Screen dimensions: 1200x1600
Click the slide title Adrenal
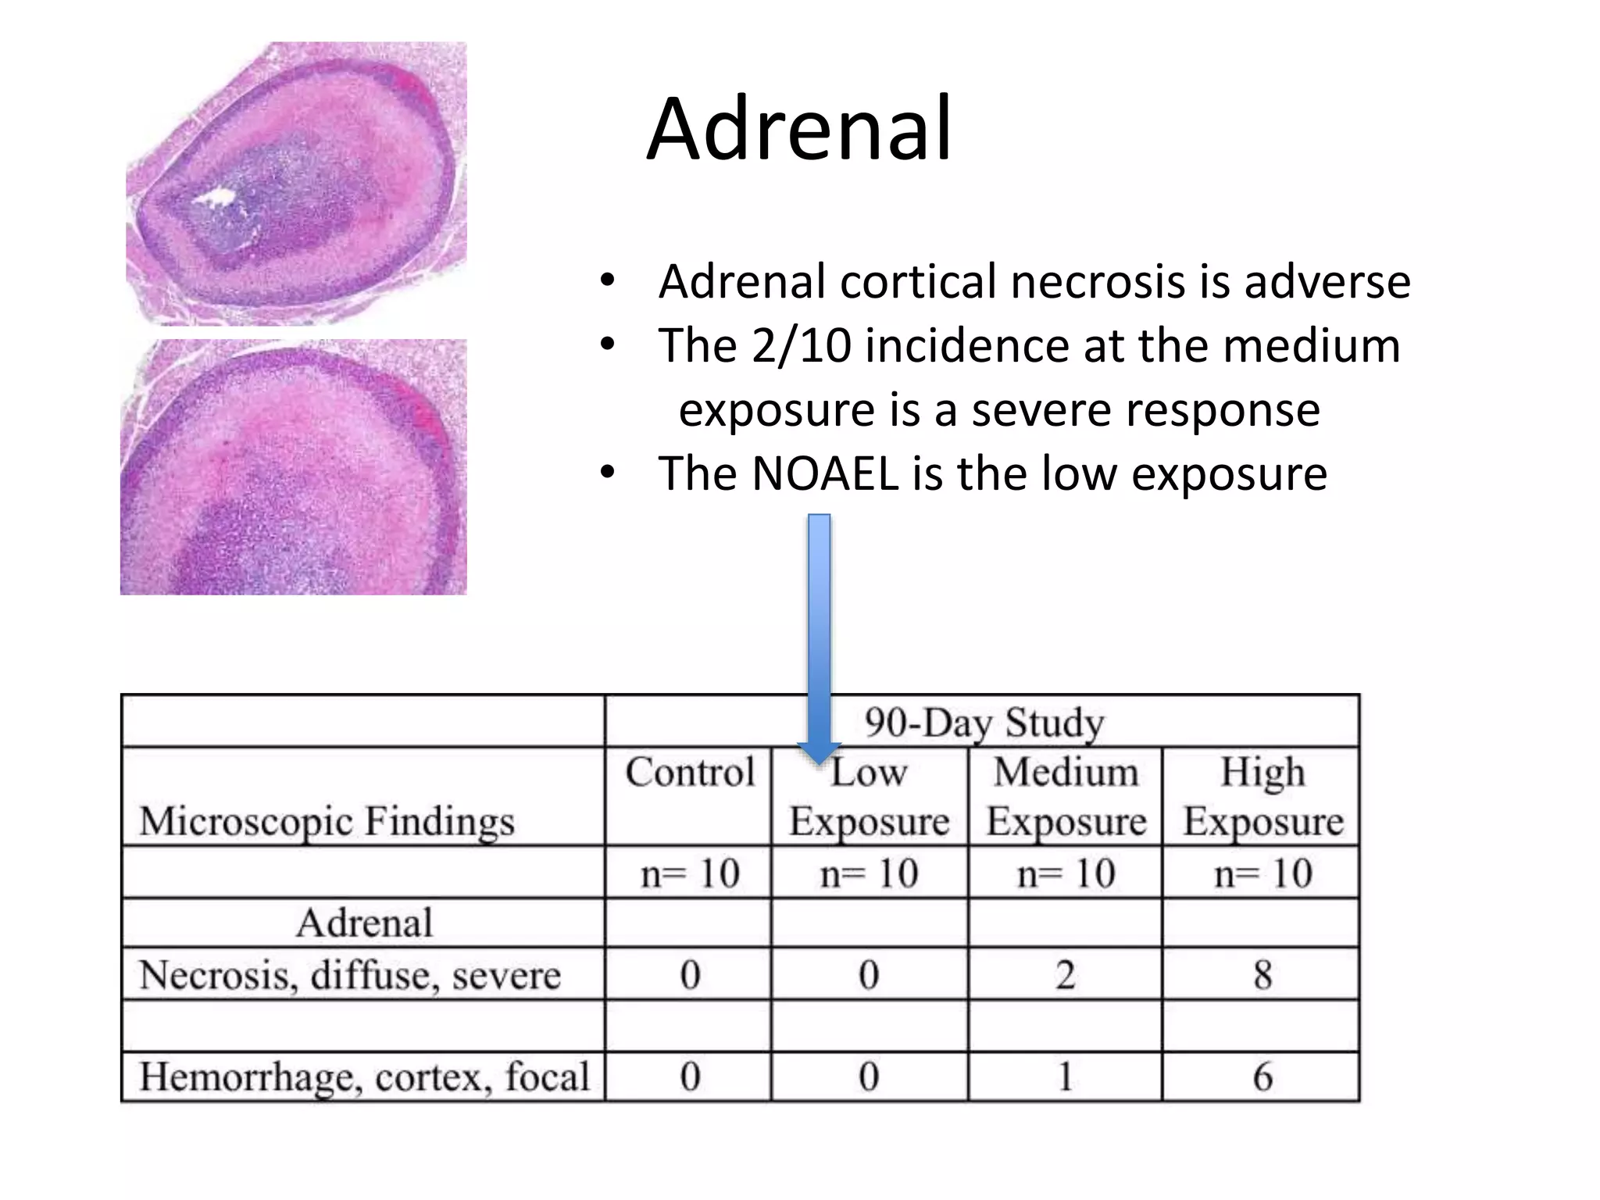(798, 129)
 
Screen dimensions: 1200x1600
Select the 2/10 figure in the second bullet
(801, 345)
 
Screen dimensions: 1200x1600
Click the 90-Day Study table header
(984, 722)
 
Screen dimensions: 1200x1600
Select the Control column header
(689, 773)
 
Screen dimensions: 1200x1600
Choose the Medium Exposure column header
(1066, 796)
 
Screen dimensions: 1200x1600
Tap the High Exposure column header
(1262, 796)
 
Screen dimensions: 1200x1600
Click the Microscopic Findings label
(327, 821)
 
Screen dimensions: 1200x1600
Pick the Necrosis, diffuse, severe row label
(350, 975)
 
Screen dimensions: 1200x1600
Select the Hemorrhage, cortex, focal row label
(364, 1077)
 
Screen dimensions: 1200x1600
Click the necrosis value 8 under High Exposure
(1262, 975)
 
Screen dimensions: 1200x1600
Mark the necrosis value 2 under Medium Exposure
(1066, 975)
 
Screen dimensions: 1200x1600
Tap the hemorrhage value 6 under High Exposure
(1262, 1077)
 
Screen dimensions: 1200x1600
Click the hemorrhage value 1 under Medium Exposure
(1066, 1077)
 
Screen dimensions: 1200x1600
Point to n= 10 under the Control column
(689, 873)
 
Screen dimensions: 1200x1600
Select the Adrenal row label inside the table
(364, 923)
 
